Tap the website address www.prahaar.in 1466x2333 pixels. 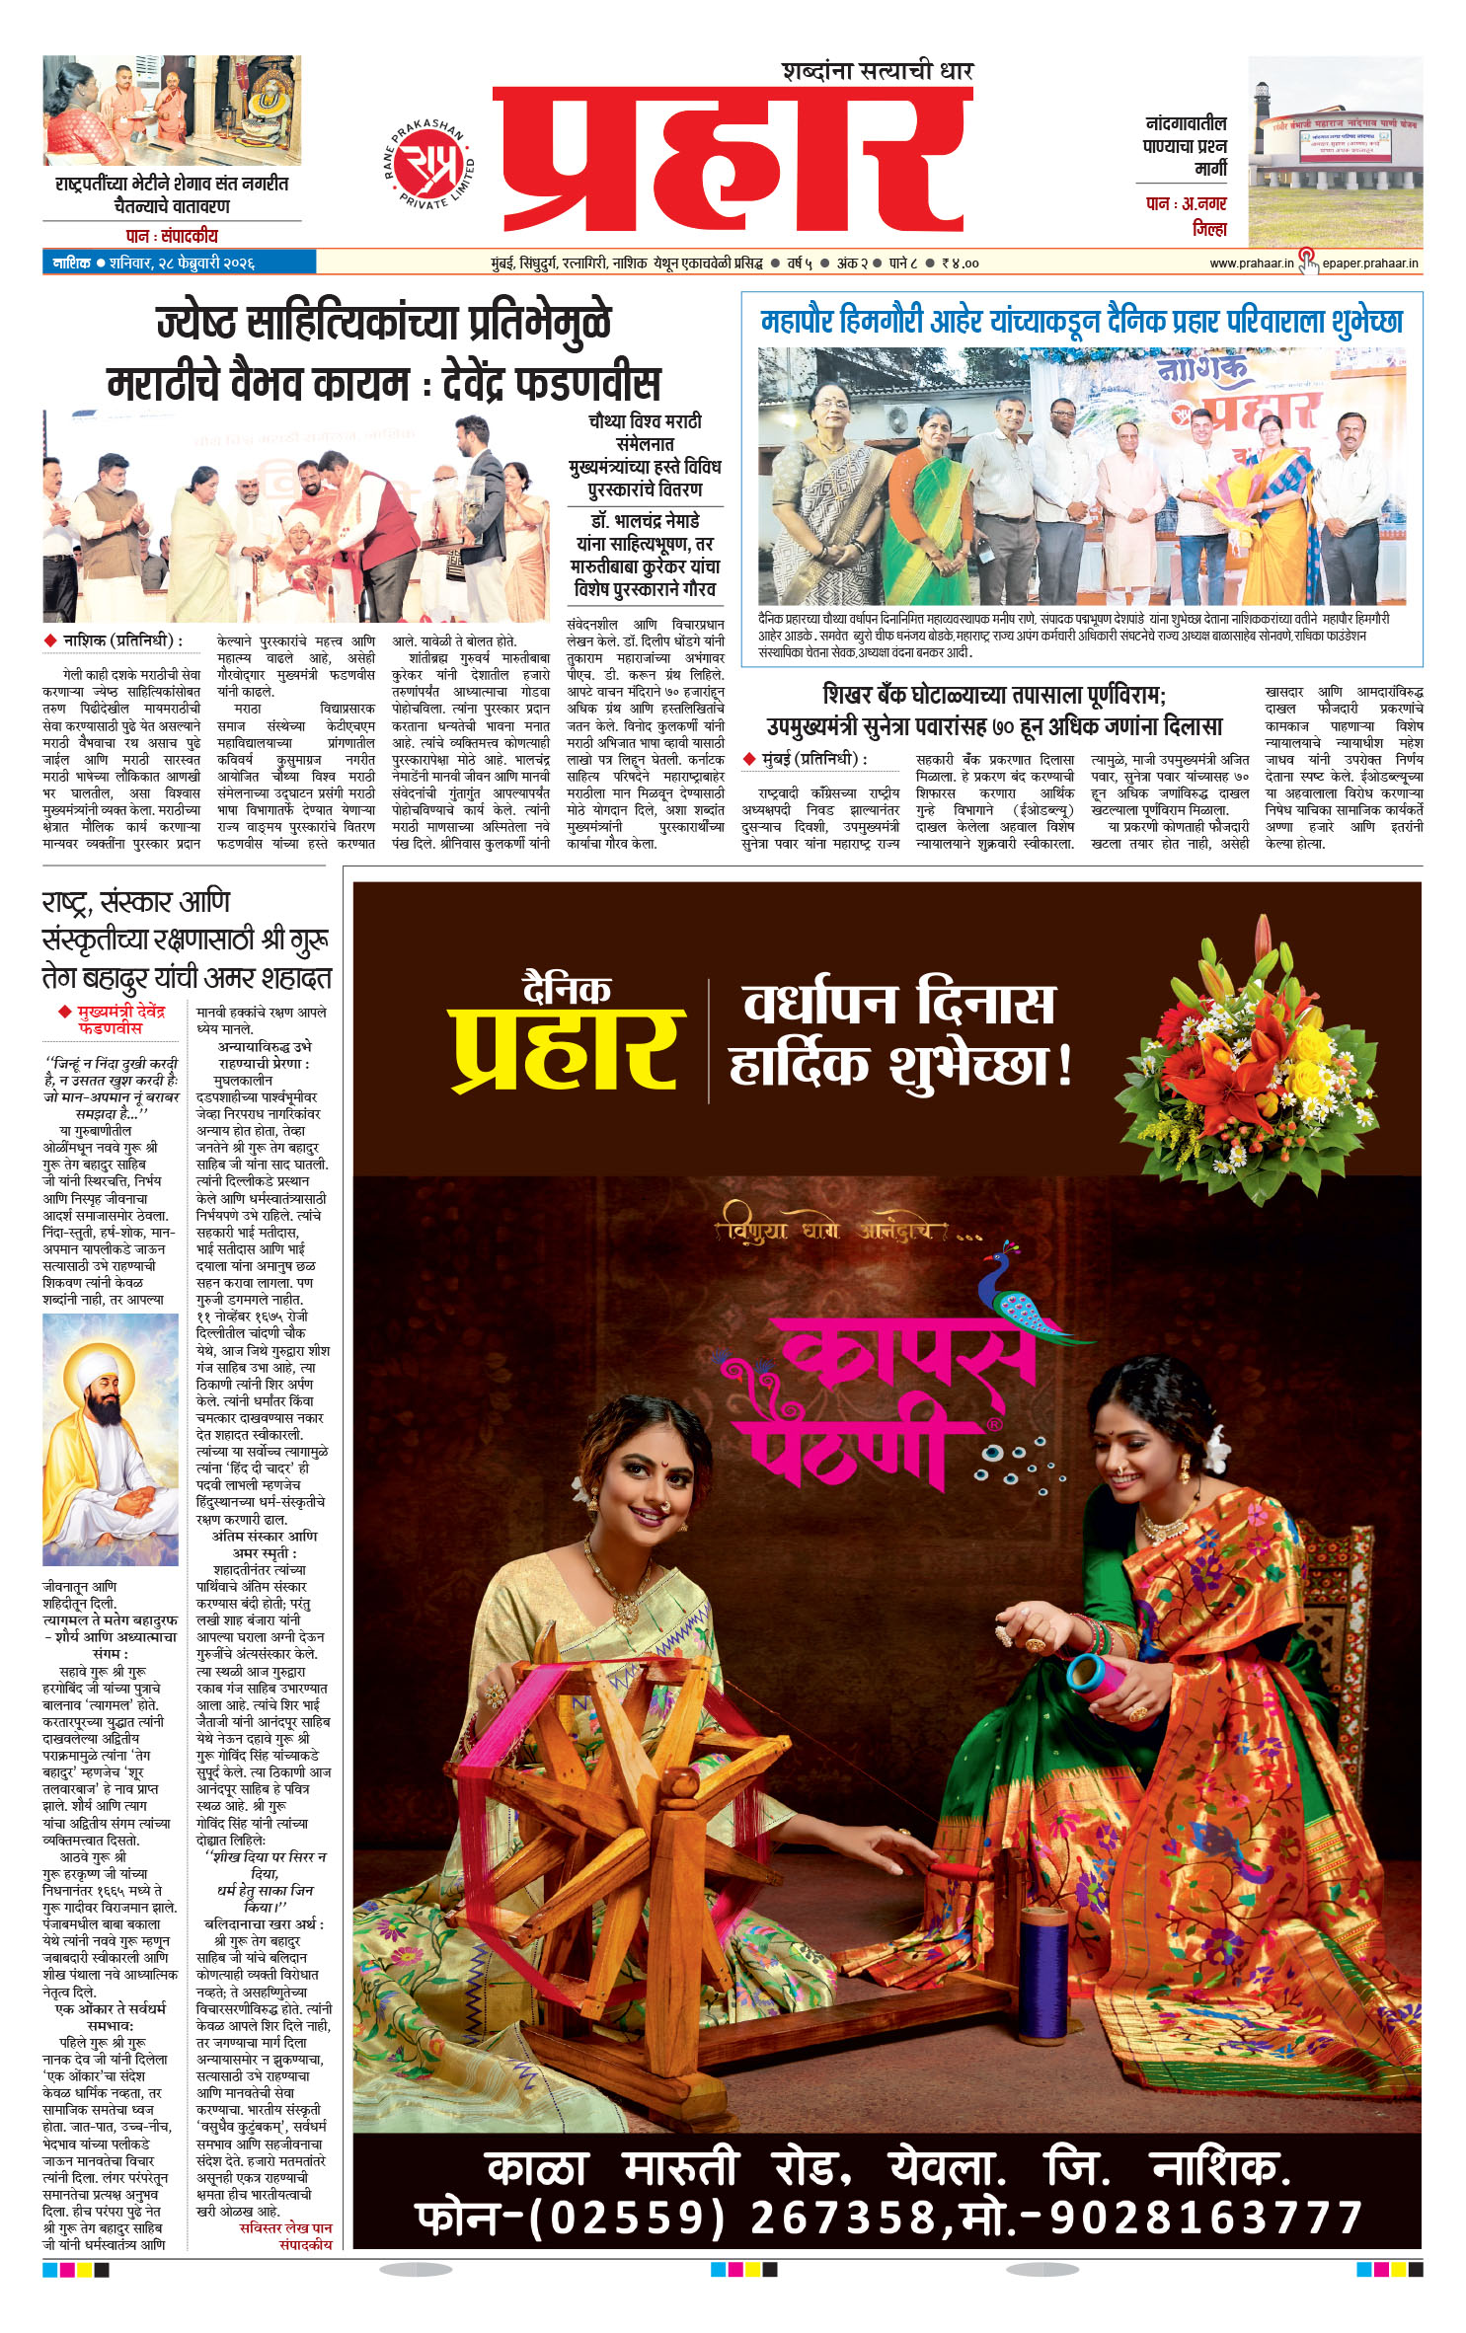pyautogui.click(x=1251, y=263)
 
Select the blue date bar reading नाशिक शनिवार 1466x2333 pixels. pyautogui.click(x=179, y=263)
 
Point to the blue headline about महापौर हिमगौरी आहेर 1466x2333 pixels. pyautogui.click(x=1081, y=322)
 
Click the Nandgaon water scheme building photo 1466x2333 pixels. pyautogui.click(x=1334, y=151)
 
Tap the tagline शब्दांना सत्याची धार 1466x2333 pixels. pyautogui.click(x=877, y=71)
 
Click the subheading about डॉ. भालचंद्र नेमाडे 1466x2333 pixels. pyautogui.click(x=646, y=555)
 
